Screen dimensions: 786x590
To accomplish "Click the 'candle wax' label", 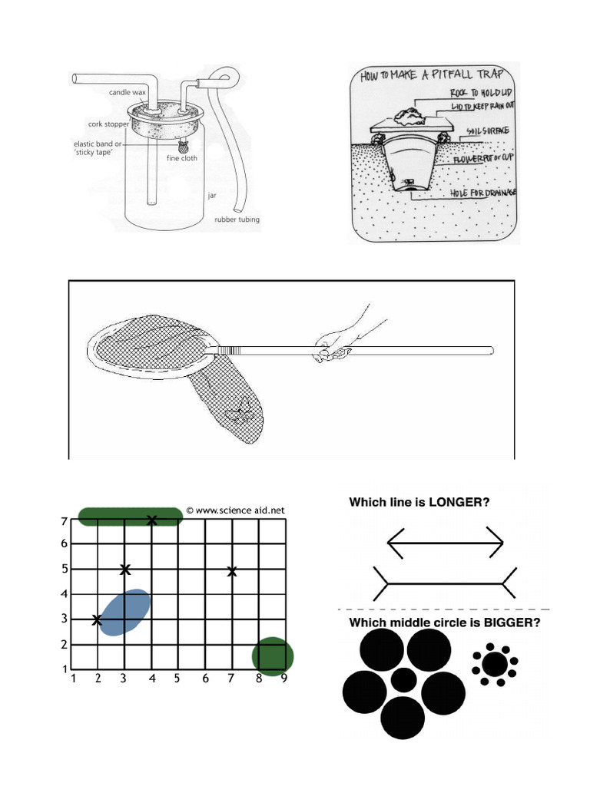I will pyautogui.click(x=127, y=92).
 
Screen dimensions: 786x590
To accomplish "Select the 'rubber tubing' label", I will pyautogui.click(x=237, y=220).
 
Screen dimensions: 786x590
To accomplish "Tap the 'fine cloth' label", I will pyautogui.click(x=182, y=159).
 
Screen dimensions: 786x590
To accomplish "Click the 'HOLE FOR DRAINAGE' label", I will pyautogui.click(x=482, y=192).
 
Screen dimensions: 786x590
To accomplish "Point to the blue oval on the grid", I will pyautogui.click(x=124, y=612).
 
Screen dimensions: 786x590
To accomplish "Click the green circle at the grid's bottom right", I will pyautogui.click(x=273, y=656).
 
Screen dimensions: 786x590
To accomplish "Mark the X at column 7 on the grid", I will pyautogui.click(x=232, y=571).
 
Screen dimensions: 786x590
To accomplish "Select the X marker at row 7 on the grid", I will pyautogui.click(x=152, y=520).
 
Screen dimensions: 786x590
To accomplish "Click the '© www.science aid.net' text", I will pyautogui.click(x=235, y=510).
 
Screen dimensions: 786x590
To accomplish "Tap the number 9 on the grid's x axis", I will pyautogui.click(x=284, y=679).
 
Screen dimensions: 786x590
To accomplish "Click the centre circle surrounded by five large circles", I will pyautogui.click(x=403, y=679).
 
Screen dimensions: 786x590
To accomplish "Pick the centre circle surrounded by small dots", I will pyautogui.click(x=495, y=663).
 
